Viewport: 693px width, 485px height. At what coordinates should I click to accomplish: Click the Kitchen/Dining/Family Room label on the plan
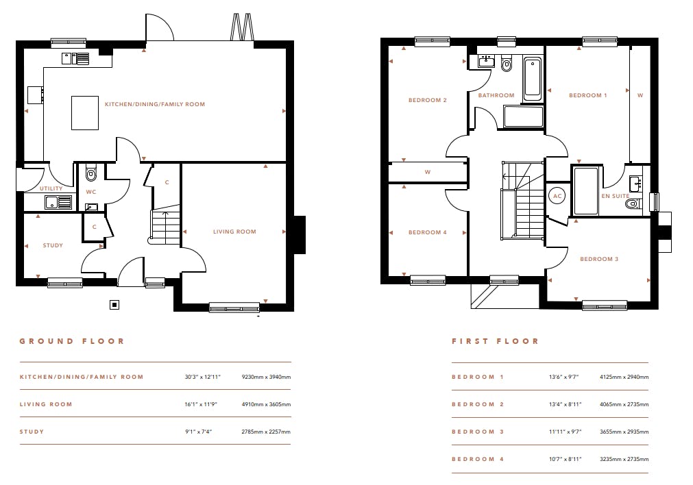pyautogui.click(x=155, y=104)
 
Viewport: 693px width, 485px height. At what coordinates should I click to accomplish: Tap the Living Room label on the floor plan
pyautogui.click(x=234, y=232)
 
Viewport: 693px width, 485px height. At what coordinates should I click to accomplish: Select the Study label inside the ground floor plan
pyautogui.click(x=53, y=245)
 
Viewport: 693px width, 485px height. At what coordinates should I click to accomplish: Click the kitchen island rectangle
pyautogui.click(x=85, y=113)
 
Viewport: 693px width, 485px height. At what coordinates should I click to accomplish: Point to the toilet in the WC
pyautogui.click(x=91, y=173)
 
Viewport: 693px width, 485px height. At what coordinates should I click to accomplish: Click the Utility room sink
pyautogui.click(x=58, y=202)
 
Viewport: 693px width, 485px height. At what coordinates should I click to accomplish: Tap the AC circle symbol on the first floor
pyautogui.click(x=558, y=196)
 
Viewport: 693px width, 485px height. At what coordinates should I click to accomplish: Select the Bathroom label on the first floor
pyautogui.click(x=496, y=95)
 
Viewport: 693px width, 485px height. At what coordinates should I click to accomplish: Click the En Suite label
pyautogui.click(x=616, y=196)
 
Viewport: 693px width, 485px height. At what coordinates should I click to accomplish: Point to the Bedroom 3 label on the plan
pyautogui.click(x=599, y=259)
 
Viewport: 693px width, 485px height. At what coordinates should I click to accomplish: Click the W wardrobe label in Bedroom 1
pyautogui.click(x=640, y=95)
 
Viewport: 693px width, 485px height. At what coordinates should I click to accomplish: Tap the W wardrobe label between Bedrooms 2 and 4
pyautogui.click(x=427, y=172)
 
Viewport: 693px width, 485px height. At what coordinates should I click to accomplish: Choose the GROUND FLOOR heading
pyautogui.click(x=72, y=341)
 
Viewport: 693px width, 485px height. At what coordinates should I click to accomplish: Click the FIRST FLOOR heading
pyautogui.click(x=495, y=341)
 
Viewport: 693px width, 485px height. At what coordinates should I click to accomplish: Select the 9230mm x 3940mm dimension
pyautogui.click(x=266, y=377)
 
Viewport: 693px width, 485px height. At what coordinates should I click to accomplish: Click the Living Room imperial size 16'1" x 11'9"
pyautogui.click(x=201, y=404)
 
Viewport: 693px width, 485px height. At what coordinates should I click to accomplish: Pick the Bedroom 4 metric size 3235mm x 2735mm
pyautogui.click(x=624, y=459)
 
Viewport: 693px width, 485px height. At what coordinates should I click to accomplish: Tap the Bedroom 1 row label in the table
pyautogui.click(x=478, y=377)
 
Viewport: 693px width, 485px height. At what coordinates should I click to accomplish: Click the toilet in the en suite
pyautogui.click(x=633, y=203)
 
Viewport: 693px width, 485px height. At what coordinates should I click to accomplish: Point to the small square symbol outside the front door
pyautogui.click(x=114, y=304)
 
